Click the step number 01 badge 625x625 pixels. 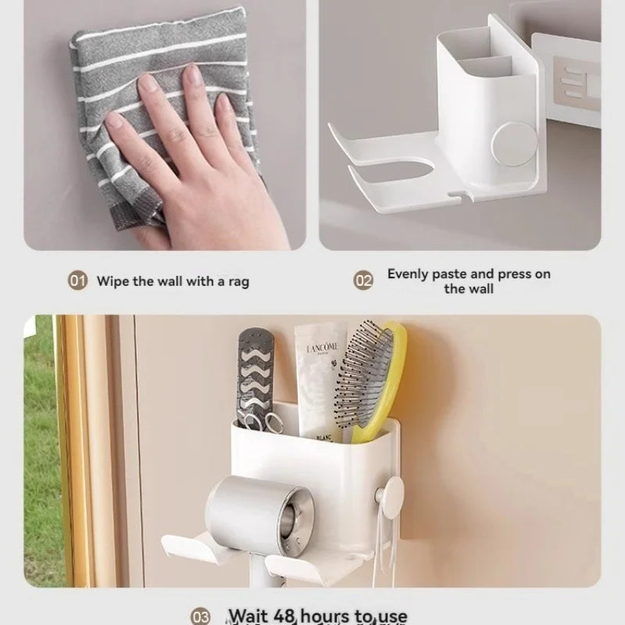tap(77, 281)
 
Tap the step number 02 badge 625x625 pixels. tap(363, 280)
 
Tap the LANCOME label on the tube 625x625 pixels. tap(320, 348)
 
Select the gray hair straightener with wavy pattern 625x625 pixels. tap(259, 375)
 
